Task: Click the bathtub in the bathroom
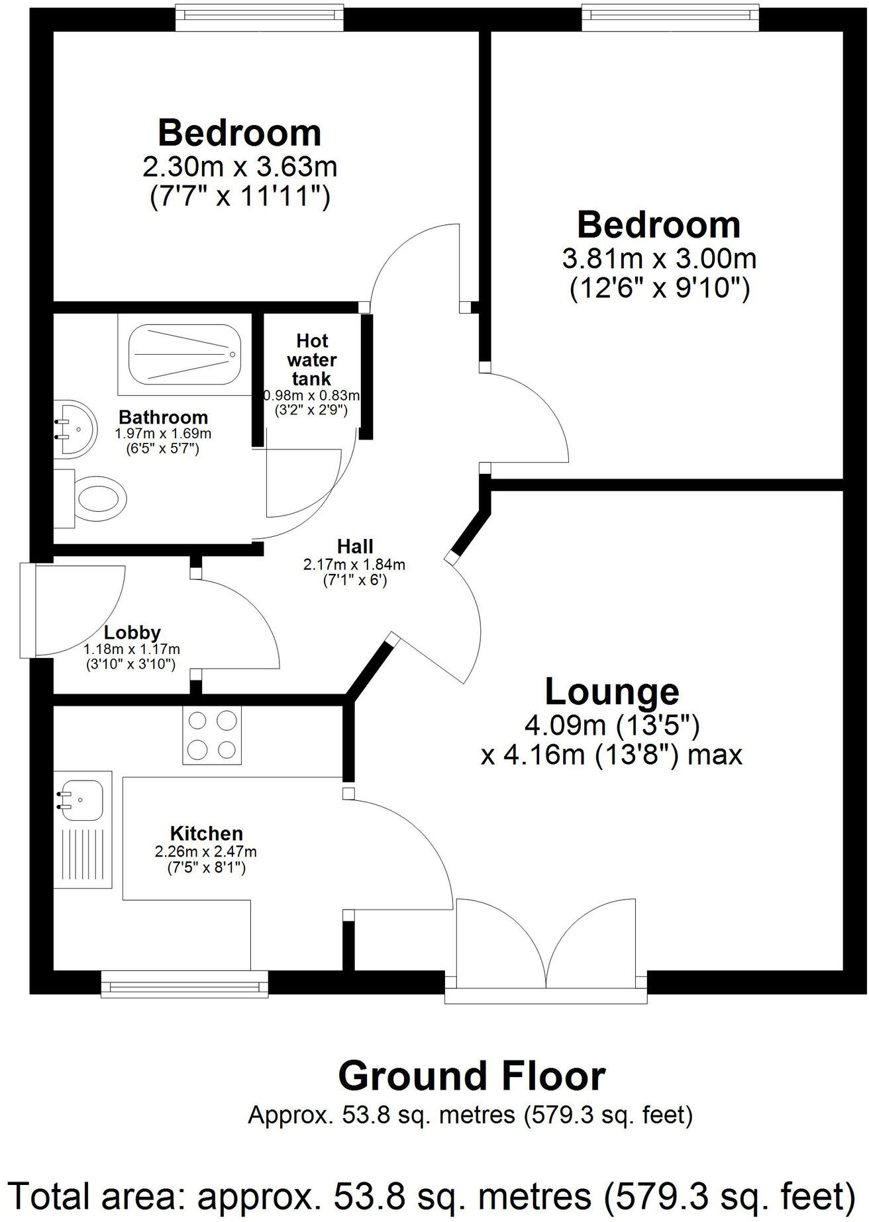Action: pyautogui.click(x=185, y=355)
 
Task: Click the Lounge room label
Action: pyautogui.click(x=611, y=692)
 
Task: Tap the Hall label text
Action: pyautogui.click(x=355, y=546)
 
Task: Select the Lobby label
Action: pyautogui.click(x=132, y=633)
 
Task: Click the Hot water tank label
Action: pyautogui.click(x=311, y=359)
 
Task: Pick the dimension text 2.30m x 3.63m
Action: pyautogui.click(x=240, y=166)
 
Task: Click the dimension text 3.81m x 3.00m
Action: pyautogui.click(x=658, y=258)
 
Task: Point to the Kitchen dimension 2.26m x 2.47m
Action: pyautogui.click(x=206, y=851)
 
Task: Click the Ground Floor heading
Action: pyautogui.click(x=471, y=1077)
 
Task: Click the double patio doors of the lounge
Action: pyautogui.click(x=546, y=947)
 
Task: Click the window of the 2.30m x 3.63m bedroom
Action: pyautogui.click(x=260, y=17)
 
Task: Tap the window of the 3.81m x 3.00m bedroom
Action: pyautogui.click(x=670, y=17)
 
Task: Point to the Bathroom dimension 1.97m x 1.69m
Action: pyautogui.click(x=163, y=434)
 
